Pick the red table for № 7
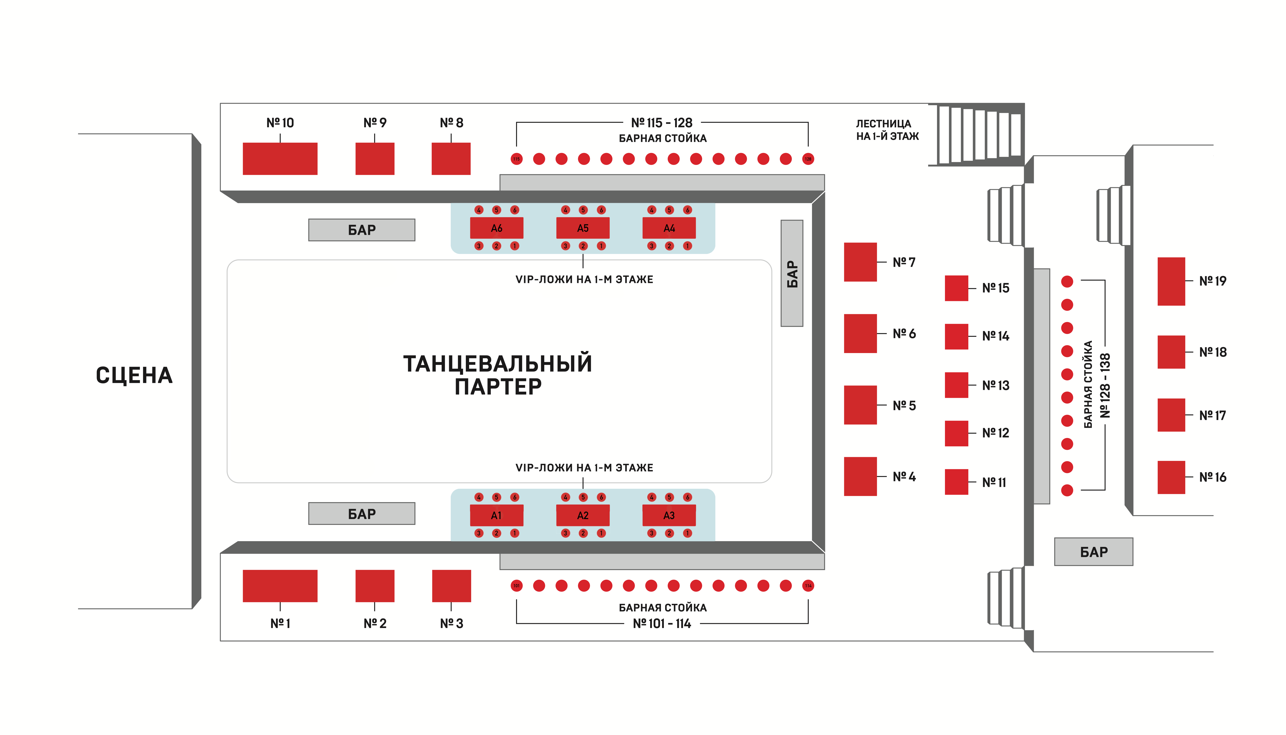[x=860, y=262]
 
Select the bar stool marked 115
[x=516, y=159]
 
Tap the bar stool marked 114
[x=808, y=585]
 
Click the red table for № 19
[x=1171, y=281]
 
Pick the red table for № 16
[x=1171, y=477]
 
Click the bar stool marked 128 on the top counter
[x=808, y=159]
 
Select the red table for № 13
[x=956, y=385]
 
